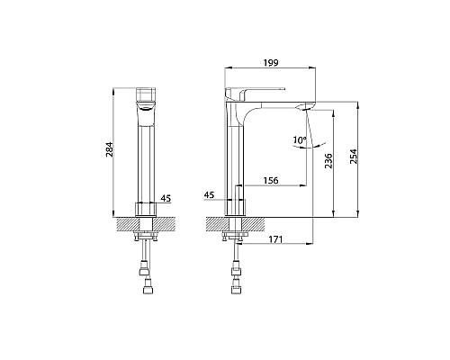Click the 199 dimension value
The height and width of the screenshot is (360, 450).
[x=271, y=63]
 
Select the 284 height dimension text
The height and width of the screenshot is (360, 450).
[x=109, y=150]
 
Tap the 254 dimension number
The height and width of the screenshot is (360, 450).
[x=354, y=157]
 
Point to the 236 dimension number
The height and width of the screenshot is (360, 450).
[x=329, y=161]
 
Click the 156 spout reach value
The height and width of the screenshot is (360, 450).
[x=271, y=181]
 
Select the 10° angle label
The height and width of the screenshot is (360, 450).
[x=300, y=139]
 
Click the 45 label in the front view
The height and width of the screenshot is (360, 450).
[x=166, y=198]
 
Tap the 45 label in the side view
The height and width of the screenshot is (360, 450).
[x=209, y=195]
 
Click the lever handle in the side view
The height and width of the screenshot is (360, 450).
[x=255, y=94]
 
